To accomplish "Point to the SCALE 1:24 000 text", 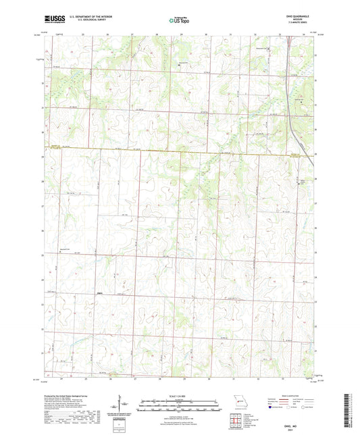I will [180, 396].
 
